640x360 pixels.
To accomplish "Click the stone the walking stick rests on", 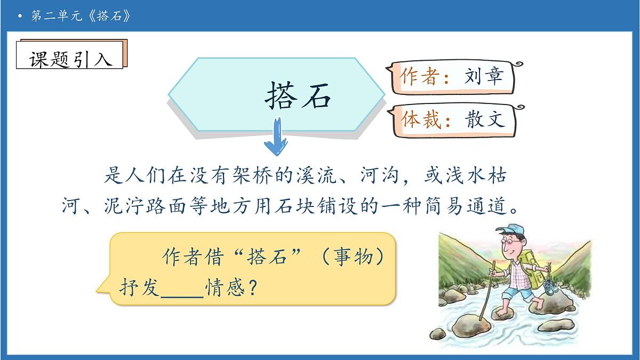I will click(472, 323).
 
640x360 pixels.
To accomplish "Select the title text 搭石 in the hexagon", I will click(298, 97).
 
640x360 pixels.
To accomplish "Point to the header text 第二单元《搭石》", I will click(80, 15).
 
